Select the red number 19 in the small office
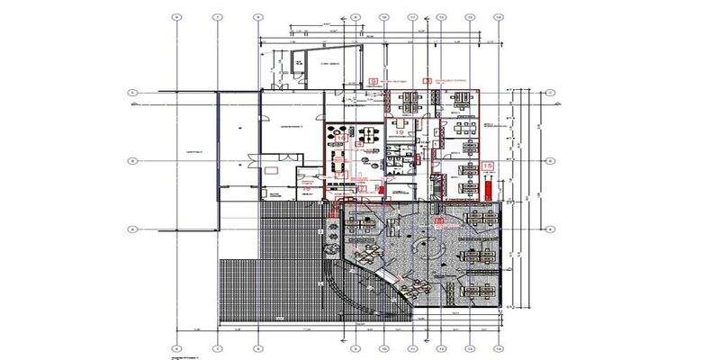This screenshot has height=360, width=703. pyautogui.click(x=399, y=132)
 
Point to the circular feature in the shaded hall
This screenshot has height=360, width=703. pyautogui.click(x=430, y=245)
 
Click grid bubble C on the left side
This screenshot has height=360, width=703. pyautogui.click(x=132, y=93)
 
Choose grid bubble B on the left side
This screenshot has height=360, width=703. pyautogui.click(x=132, y=161)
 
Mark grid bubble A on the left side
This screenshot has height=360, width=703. pyautogui.click(x=132, y=229)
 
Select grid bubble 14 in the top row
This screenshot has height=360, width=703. pyautogui.click(x=498, y=16)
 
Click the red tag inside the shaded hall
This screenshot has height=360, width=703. pyautogui.click(x=439, y=220)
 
